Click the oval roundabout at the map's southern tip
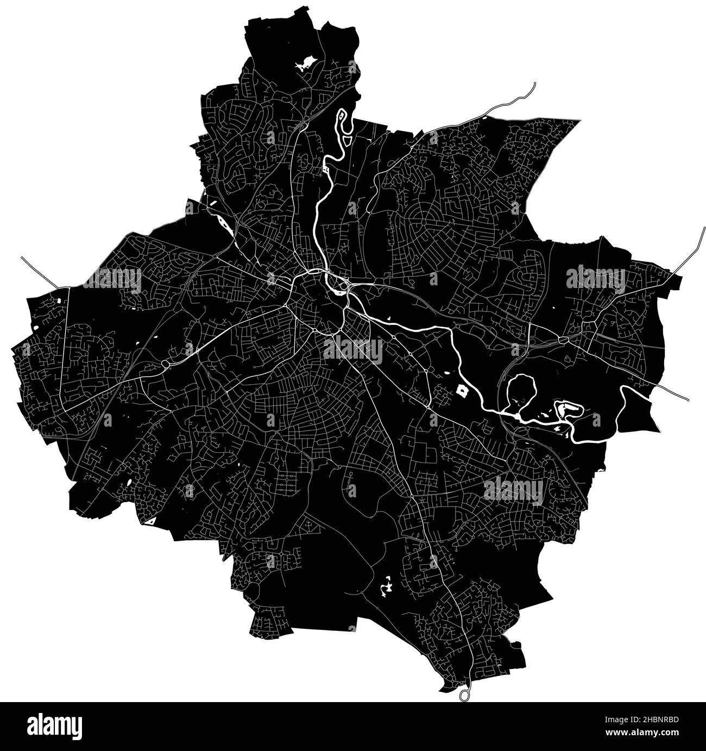pos(464,694)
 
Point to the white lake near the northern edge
pos(305,64)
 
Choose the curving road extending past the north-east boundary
pos(516,98)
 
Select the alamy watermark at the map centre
pos(353,349)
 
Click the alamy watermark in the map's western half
pos(111,280)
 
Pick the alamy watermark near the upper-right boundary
pos(596,279)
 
